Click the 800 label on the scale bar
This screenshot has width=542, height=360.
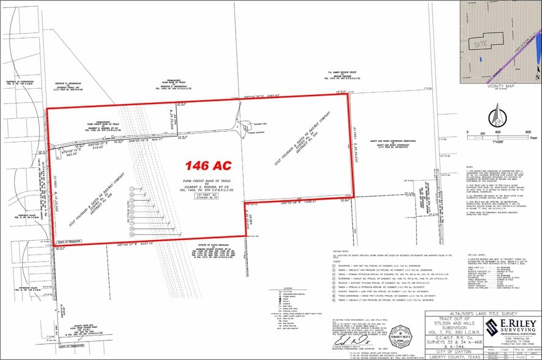point(528,132)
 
